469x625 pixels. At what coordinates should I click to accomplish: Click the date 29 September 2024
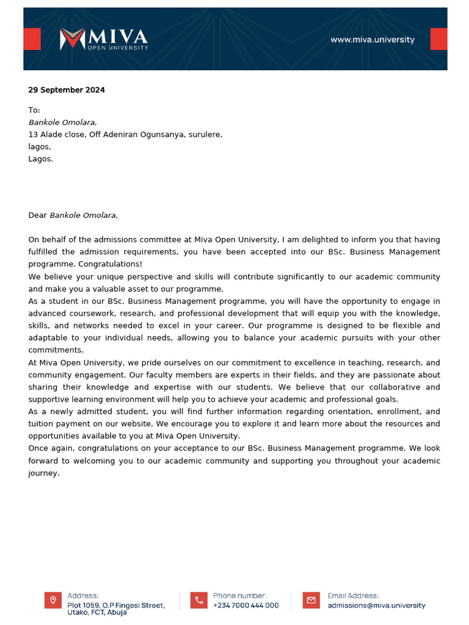click(x=66, y=90)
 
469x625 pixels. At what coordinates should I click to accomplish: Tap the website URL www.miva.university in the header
click(x=372, y=40)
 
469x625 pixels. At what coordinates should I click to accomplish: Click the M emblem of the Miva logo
click(x=71, y=39)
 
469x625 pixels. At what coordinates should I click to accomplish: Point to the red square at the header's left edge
click(x=32, y=39)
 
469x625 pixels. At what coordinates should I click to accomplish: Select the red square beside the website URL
click(x=438, y=39)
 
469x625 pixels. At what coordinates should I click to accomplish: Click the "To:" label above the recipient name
click(x=34, y=110)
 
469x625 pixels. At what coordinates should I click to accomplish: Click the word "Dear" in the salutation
click(x=37, y=215)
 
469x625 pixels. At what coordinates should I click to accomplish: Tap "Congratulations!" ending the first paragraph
click(x=112, y=264)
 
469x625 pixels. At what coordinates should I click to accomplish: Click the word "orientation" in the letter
click(x=325, y=411)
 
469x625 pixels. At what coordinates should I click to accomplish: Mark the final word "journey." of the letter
click(x=44, y=473)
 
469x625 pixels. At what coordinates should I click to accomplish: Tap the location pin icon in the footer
click(x=53, y=600)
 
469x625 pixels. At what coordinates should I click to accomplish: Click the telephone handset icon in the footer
click(x=199, y=600)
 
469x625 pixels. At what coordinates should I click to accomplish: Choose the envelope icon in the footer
click(x=311, y=600)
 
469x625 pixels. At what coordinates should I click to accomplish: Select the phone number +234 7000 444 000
click(x=245, y=605)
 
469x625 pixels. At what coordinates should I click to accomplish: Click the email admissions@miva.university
click(x=376, y=605)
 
